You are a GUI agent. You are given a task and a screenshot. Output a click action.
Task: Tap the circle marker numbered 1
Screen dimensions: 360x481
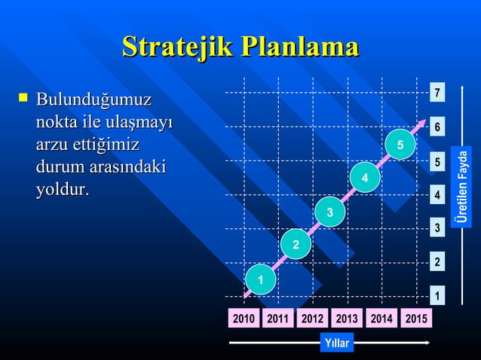tap(261, 280)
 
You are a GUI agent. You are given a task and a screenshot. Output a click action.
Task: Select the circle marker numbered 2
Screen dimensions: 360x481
tap(296, 245)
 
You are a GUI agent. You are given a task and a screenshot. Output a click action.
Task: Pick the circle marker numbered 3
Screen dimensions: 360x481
tap(330, 211)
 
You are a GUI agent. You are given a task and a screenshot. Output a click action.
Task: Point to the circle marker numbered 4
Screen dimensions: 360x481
tap(365, 178)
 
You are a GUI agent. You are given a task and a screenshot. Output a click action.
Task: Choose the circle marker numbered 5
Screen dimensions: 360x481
tap(400, 144)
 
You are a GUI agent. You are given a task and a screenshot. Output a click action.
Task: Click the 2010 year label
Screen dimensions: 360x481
tap(243, 319)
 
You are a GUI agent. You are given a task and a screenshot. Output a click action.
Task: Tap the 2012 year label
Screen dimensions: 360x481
tap(312, 319)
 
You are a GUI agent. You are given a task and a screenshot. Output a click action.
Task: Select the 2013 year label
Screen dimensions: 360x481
tap(347, 319)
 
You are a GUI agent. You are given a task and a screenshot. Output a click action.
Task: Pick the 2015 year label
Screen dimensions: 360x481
tap(415, 319)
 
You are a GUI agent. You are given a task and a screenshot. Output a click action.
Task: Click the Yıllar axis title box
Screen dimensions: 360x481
tap(336, 343)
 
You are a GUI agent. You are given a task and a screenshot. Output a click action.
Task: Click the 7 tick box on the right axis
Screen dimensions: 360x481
tap(437, 94)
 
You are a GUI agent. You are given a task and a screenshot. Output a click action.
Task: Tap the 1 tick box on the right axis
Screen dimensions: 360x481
tap(437, 296)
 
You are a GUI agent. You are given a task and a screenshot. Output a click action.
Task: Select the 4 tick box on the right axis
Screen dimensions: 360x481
tap(437, 195)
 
